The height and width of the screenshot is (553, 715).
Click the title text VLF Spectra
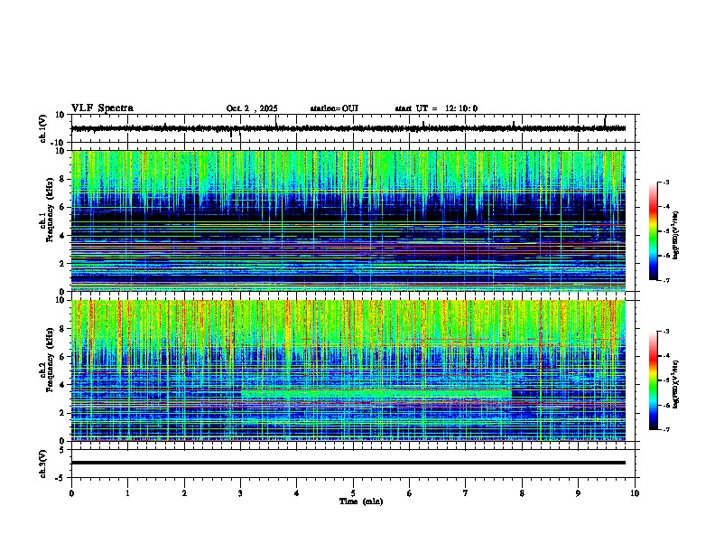[x=102, y=108]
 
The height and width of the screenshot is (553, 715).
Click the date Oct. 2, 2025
[x=254, y=108]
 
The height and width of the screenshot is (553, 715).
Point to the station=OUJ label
[x=334, y=108]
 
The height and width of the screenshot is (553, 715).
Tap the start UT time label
[x=436, y=108]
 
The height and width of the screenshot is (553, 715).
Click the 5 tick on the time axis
[x=353, y=492]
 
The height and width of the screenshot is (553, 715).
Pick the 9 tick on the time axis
[x=579, y=492]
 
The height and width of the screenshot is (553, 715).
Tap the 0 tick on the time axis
[x=71, y=492]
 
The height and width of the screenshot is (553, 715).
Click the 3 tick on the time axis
[x=240, y=492]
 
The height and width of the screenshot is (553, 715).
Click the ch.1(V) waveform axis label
[x=43, y=128]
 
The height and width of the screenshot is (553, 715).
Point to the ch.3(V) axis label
[x=43, y=463]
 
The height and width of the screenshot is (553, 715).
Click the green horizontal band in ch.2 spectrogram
[x=375, y=394]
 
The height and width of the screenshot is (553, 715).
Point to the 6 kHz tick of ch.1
[x=62, y=207]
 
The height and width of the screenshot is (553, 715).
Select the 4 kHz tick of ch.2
[x=62, y=384]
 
